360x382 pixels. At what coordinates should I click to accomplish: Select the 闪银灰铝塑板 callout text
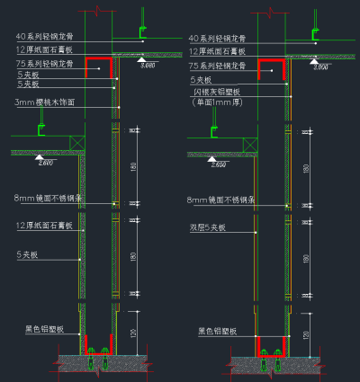point(219,92)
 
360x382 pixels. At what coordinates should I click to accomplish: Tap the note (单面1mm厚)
point(218,102)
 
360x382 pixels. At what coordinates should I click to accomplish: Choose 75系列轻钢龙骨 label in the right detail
point(218,66)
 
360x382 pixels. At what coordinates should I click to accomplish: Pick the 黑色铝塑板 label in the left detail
point(43,331)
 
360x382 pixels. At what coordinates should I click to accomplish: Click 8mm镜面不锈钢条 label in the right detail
point(222,200)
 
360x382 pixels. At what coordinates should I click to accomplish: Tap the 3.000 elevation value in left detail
point(148,66)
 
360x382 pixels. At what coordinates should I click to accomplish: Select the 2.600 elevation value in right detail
point(218,164)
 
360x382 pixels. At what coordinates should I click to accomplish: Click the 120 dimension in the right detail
point(306,333)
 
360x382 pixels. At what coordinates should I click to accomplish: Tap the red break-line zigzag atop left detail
point(95,13)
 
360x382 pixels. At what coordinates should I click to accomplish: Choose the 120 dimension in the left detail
point(132,333)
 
